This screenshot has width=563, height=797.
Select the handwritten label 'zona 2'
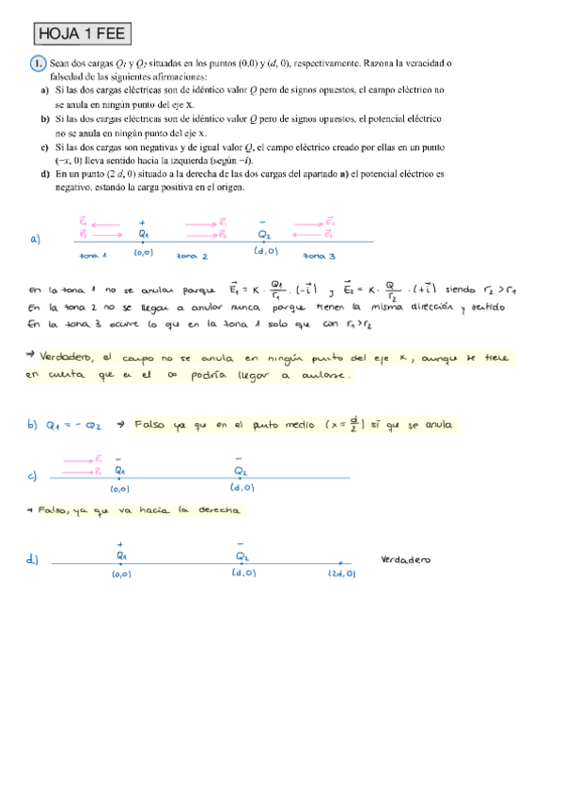pyautogui.click(x=192, y=256)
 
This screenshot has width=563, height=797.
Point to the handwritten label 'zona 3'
pyautogui.click(x=320, y=256)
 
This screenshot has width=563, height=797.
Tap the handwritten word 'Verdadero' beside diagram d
pyautogui.click(x=406, y=560)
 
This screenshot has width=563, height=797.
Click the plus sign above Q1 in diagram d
pyautogui.click(x=120, y=544)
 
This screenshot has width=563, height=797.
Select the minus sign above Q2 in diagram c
pyautogui.click(x=241, y=459)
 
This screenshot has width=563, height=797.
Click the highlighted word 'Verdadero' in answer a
pyautogui.click(x=67, y=357)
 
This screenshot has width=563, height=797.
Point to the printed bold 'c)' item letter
pyautogui.click(x=45, y=148)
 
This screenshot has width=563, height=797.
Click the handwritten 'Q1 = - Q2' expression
pyautogui.click(x=76, y=426)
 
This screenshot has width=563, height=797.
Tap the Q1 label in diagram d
pyautogui.click(x=120, y=556)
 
